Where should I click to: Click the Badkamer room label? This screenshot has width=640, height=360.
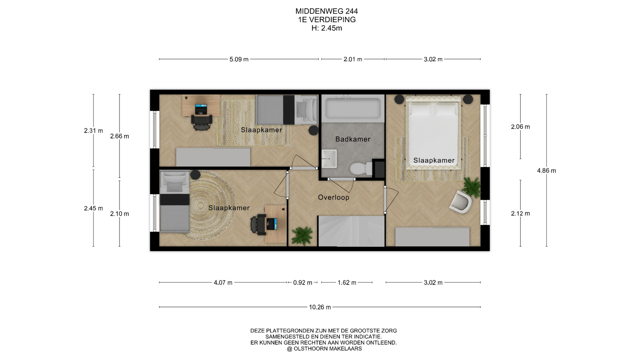(353, 139)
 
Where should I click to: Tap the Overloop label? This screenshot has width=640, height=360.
(333, 197)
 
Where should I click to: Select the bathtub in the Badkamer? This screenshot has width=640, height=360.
(353, 107)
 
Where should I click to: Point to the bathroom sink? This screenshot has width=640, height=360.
(329, 159)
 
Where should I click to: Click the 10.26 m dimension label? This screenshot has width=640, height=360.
(320, 307)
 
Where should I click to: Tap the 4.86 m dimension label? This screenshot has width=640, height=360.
(546, 171)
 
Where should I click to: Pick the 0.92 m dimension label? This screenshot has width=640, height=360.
(303, 283)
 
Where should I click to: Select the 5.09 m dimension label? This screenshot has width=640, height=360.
(239, 59)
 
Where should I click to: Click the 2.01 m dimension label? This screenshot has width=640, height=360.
(353, 59)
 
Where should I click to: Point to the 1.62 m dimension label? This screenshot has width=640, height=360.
(347, 283)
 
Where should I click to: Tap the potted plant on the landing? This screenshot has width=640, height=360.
(302, 236)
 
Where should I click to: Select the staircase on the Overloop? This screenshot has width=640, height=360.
(351, 231)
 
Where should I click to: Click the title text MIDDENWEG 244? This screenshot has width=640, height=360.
(327, 11)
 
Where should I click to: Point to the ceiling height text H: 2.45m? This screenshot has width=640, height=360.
(327, 28)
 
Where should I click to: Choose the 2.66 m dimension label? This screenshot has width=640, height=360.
(119, 136)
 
